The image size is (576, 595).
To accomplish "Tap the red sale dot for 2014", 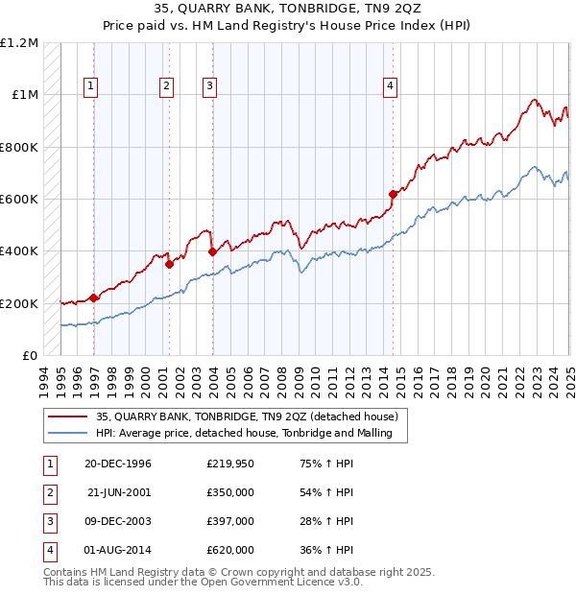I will (393, 194).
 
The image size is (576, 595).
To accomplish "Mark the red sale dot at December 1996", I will (93, 297).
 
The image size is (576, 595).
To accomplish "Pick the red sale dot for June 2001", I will (169, 264).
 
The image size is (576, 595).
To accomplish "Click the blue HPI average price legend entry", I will (251, 433).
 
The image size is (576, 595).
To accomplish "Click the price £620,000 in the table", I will (229, 550).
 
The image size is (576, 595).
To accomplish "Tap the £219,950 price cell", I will (229, 464).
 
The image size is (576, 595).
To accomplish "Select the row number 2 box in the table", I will (48, 492).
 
